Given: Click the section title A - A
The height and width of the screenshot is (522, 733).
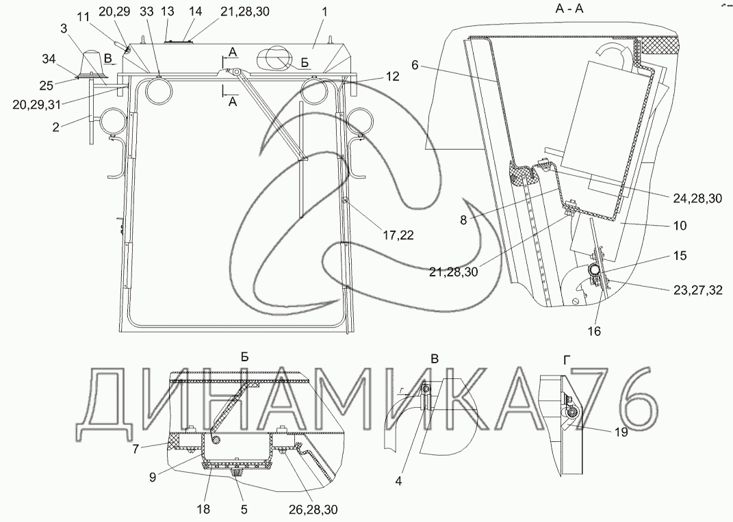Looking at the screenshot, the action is [569, 8].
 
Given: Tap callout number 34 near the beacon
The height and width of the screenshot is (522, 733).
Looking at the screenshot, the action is [49, 60].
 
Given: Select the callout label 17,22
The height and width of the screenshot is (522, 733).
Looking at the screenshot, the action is [398, 236].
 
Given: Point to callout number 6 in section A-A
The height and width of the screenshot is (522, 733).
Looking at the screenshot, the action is [415, 65].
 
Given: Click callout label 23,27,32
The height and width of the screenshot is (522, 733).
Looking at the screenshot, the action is [698, 291].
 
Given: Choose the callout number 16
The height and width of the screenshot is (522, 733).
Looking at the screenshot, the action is [593, 331].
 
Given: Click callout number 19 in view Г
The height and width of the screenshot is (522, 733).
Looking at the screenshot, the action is [621, 432].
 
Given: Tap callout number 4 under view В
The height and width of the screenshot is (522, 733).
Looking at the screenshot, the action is [398, 480].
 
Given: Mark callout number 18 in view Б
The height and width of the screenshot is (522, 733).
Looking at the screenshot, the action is [204, 509].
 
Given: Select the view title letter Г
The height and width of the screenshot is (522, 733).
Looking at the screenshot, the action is [567, 359].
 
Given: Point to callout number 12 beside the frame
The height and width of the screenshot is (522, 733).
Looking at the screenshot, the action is [393, 77].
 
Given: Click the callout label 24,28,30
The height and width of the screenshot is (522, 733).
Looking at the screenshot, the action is [697, 198].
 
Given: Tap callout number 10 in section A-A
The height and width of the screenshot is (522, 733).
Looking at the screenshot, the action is [680, 226].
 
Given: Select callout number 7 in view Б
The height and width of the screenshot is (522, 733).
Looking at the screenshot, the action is [136, 449].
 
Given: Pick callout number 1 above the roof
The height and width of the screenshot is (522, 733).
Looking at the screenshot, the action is [325, 12].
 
